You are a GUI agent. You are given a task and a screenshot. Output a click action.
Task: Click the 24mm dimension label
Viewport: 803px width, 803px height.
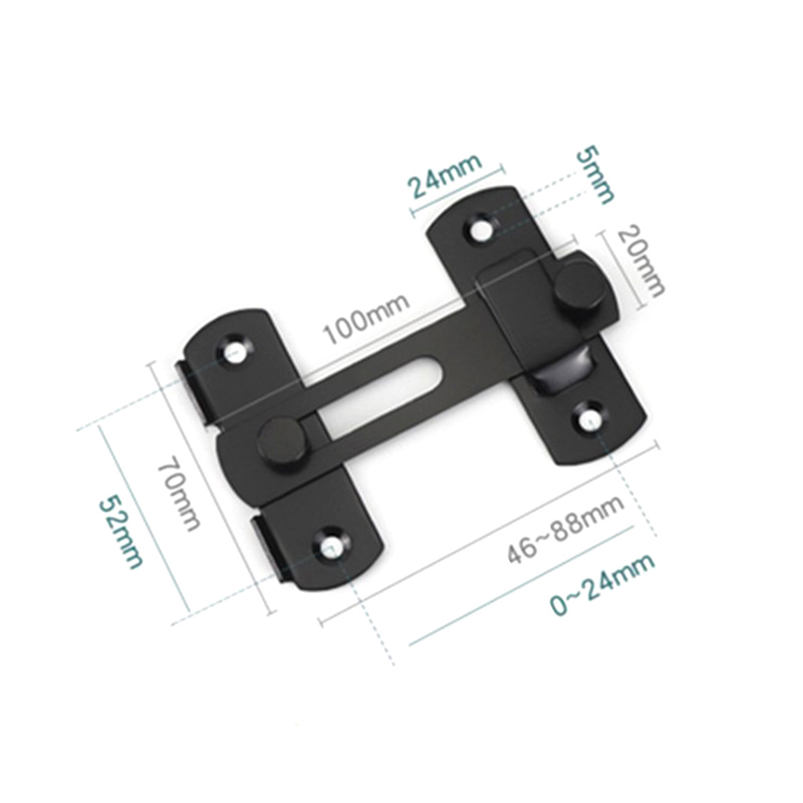click(446, 176)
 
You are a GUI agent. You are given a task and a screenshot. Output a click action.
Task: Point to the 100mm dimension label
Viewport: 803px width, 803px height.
click(366, 319)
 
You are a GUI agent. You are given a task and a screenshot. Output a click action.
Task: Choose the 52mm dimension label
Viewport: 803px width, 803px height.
click(120, 532)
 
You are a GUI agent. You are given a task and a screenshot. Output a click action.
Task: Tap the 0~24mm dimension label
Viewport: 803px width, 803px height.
click(602, 585)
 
